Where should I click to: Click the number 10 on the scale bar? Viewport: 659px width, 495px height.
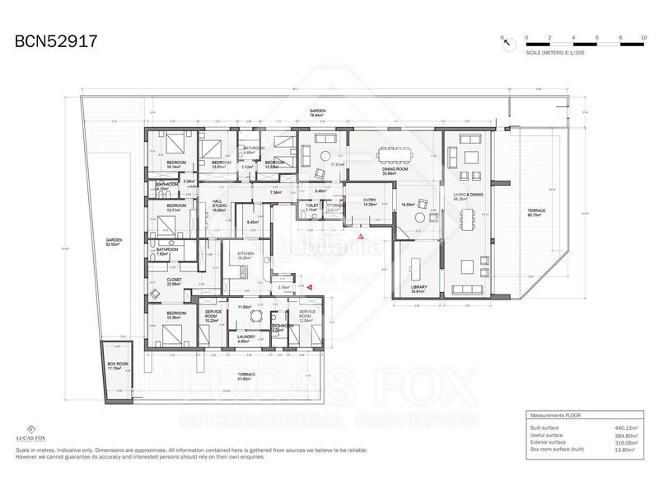pyautogui.click(x=643, y=38)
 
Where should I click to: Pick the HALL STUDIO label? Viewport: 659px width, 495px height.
pyautogui.click(x=217, y=207)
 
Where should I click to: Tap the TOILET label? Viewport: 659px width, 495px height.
pyautogui.click(x=311, y=207)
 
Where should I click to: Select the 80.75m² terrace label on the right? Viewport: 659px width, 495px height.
pyautogui.click(x=536, y=214)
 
